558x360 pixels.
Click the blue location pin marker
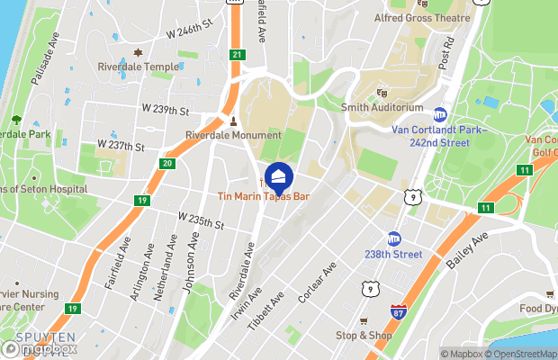pos(278,175)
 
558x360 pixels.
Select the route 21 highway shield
pos(237,55)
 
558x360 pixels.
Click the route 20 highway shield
pos(167,163)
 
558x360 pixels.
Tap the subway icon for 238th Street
pos(394,239)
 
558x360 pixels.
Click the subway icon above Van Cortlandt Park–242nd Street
pos(440,114)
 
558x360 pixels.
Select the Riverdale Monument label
pos(233,135)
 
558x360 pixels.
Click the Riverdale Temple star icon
pos(138,53)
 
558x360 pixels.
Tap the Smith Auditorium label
pos(382,107)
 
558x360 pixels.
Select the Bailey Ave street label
pos(468,250)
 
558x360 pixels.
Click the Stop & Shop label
pos(364,336)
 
